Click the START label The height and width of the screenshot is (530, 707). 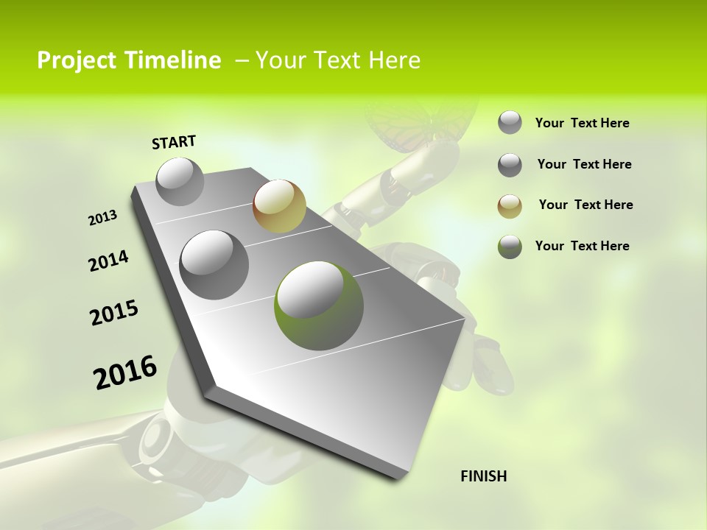(x=174, y=142)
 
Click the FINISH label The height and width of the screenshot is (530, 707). (x=483, y=476)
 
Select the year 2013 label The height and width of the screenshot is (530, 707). (x=102, y=218)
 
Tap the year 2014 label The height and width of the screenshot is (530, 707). (x=108, y=261)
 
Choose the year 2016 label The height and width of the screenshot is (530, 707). (x=125, y=372)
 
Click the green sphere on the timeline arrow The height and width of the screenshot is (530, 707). (x=319, y=305)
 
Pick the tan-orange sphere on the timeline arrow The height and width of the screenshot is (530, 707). (x=279, y=206)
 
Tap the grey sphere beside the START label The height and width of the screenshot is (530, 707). (x=180, y=181)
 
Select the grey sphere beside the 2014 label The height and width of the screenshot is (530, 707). (x=214, y=265)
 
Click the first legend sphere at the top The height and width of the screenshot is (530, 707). (x=510, y=123)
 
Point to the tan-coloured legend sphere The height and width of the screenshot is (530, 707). (x=510, y=206)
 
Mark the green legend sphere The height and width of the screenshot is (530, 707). (x=510, y=247)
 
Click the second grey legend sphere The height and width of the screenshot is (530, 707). (x=510, y=165)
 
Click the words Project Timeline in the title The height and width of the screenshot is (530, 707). (x=129, y=60)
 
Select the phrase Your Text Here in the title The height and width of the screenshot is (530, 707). (x=338, y=60)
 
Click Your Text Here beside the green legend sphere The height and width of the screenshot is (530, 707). (x=582, y=246)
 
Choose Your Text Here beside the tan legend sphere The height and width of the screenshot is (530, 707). (x=585, y=205)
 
